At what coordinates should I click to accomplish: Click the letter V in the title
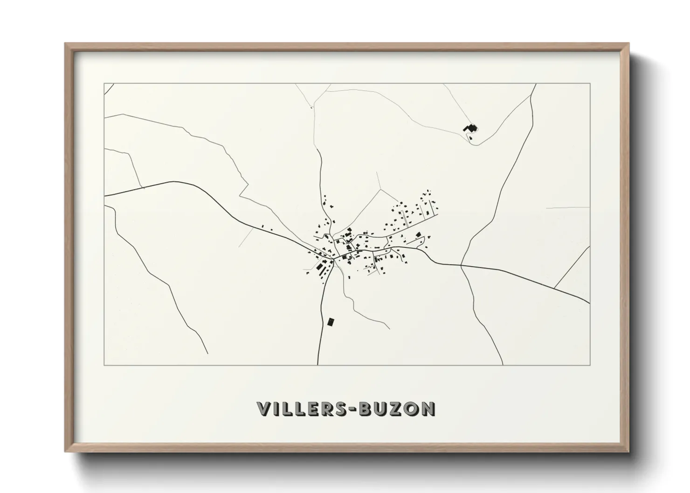click(264, 409)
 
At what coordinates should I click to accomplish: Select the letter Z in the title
click(396, 409)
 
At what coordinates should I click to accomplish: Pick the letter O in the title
click(411, 409)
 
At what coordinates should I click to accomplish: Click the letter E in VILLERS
click(313, 409)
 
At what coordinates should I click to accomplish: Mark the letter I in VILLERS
click(276, 409)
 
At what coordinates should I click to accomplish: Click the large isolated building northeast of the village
click(470, 127)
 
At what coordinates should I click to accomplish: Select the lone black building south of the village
click(331, 322)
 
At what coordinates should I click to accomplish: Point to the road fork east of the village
click(461, 266)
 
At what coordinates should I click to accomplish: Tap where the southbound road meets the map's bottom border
click(318, 365)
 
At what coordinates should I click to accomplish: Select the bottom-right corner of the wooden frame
click(628, 451)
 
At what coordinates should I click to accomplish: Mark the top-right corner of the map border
click(590, 83)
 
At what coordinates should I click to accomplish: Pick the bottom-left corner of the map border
click(104, 365)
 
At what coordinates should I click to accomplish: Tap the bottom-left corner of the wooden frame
click(66, 451)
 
